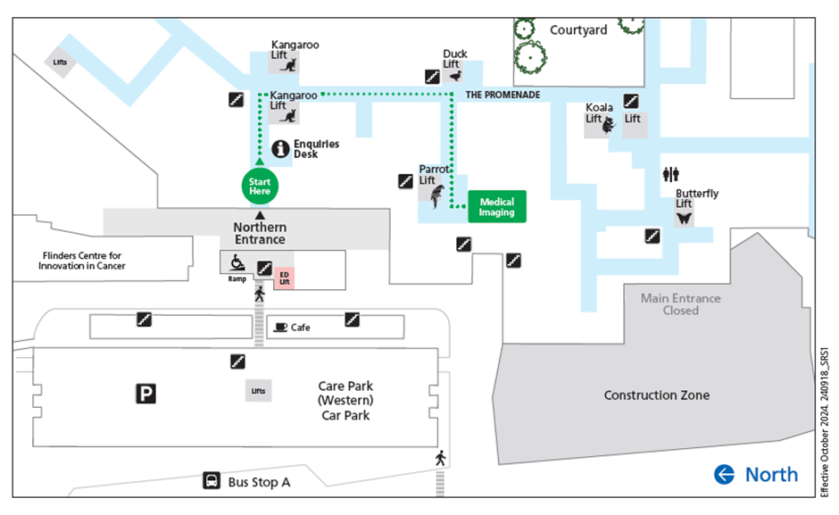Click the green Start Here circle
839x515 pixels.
260,187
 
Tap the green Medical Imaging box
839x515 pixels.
497,207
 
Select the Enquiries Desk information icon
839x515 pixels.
280,149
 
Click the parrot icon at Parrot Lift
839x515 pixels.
437,196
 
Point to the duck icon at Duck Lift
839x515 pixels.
456,76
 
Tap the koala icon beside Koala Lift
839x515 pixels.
609,126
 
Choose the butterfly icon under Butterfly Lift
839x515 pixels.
684,219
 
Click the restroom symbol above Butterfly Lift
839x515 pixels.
670,174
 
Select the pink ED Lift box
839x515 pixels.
284,278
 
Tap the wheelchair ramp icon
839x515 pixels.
237,262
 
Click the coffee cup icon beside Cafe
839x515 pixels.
280,327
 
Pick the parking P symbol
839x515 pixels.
145,394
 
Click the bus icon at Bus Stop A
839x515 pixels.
212,480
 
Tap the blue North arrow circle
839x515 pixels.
724,474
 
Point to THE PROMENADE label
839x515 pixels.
503,95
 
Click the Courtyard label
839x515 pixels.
578,30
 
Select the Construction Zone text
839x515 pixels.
657,395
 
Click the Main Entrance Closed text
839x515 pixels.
681,304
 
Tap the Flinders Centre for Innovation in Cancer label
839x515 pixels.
81,261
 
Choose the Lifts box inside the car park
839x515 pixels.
259,391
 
